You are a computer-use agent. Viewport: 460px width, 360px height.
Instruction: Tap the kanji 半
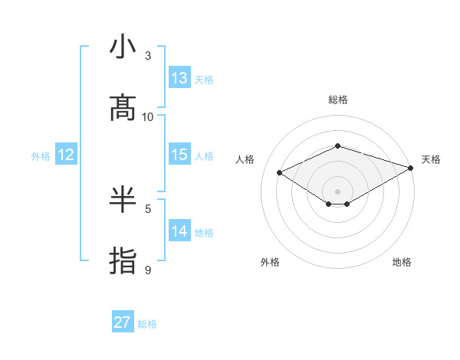click(x=123, y=200)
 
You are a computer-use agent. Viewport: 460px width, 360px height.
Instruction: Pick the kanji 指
click(x=123, y=260)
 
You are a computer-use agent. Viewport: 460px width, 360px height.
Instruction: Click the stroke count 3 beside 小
click(x=148, y=55)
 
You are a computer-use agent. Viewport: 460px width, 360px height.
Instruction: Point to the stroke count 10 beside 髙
click(x=148, y=116)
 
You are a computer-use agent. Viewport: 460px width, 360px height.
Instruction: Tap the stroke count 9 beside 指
click(x=148, y=270)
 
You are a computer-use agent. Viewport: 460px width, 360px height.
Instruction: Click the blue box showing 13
click(x=179, y=78)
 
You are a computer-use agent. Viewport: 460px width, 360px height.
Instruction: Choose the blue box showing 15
click(x=179, y=155)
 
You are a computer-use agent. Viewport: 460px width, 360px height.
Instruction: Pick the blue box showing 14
click(x=179, y=231)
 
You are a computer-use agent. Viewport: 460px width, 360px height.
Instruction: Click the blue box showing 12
click(x=66, y=155)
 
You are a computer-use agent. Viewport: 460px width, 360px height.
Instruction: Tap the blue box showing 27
click(x=123, y=322)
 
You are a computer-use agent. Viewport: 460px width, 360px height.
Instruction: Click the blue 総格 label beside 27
click(x=147, y=324)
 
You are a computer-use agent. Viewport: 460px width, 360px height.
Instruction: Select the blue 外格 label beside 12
click(x=41, y=156)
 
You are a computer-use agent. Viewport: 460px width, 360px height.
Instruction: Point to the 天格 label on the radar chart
click(x=431, y=159)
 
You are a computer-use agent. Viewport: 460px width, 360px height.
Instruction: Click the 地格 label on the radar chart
click(x=402, y=262)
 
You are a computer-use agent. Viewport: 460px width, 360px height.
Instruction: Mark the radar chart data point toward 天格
click(x=412, y=168)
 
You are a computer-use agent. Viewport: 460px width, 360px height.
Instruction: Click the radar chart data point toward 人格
click(x=280, y=173)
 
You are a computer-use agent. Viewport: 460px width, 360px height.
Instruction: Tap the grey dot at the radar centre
click(x=337, y=190)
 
